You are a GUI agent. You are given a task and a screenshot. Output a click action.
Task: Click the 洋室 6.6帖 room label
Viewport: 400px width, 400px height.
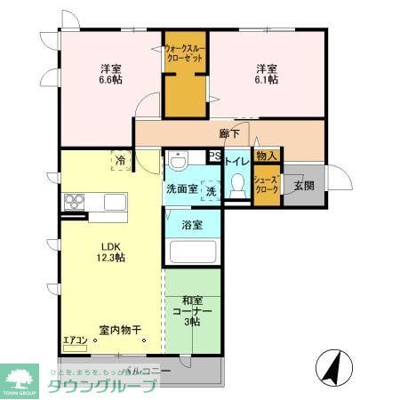pos(111,74)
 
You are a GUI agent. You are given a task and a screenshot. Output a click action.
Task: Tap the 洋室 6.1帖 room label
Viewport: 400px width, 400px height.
pos(268,74)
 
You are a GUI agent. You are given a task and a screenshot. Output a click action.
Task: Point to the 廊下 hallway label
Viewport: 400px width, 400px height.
pos(229,135)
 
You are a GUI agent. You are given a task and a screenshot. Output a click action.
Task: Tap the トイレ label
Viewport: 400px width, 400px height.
pos(236,162)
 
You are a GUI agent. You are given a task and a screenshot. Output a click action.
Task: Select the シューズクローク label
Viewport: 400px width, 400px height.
pos(267,183)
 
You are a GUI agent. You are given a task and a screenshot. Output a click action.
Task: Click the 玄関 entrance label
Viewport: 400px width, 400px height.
pos(304,185)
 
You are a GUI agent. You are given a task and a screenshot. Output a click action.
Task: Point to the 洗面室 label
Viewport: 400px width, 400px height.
pos(181,189)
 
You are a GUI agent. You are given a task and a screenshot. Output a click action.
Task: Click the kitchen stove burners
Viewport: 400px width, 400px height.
pos(73,200)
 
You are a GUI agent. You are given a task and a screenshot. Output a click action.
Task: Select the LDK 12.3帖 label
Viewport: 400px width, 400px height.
pos(111,252)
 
